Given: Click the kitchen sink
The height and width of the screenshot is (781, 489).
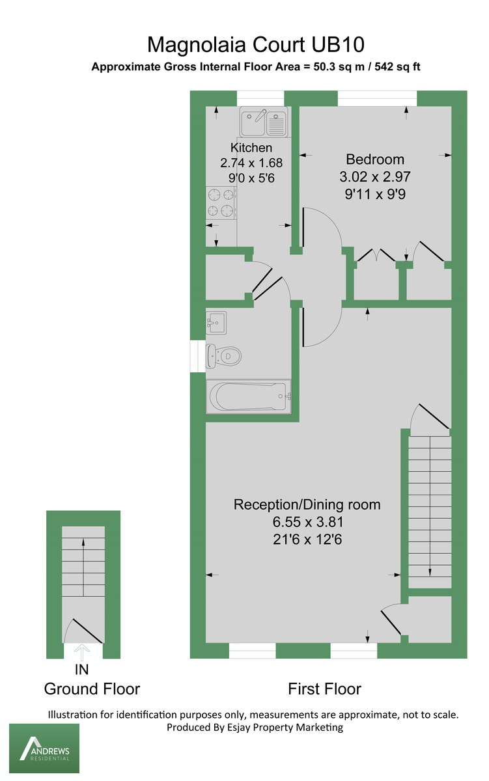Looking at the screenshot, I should (264, 123).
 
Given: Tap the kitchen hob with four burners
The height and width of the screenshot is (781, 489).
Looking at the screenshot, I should (221, 202).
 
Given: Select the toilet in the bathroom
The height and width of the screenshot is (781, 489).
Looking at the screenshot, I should (224, 356).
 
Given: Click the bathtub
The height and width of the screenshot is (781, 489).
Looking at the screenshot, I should (248, 396).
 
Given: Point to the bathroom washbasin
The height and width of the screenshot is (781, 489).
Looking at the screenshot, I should (216, 322).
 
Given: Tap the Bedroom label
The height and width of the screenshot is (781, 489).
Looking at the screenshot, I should (375, 159).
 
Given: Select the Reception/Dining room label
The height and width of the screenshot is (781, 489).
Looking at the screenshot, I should (307, 504).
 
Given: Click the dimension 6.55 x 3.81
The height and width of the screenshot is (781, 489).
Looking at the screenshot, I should (307, 522).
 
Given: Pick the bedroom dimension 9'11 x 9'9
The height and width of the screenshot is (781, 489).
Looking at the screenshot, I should (375, 193).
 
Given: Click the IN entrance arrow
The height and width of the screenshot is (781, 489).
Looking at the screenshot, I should (83, 651).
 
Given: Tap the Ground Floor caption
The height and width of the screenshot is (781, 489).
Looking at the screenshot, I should (92, 689).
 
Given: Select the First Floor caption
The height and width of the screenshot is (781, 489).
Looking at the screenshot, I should (324, 689).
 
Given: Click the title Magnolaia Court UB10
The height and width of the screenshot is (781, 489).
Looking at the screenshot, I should (256, 45).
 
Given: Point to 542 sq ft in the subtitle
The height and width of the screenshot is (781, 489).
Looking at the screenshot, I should (401, 66).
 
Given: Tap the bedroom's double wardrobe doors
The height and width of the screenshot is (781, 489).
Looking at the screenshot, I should (376, 254).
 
